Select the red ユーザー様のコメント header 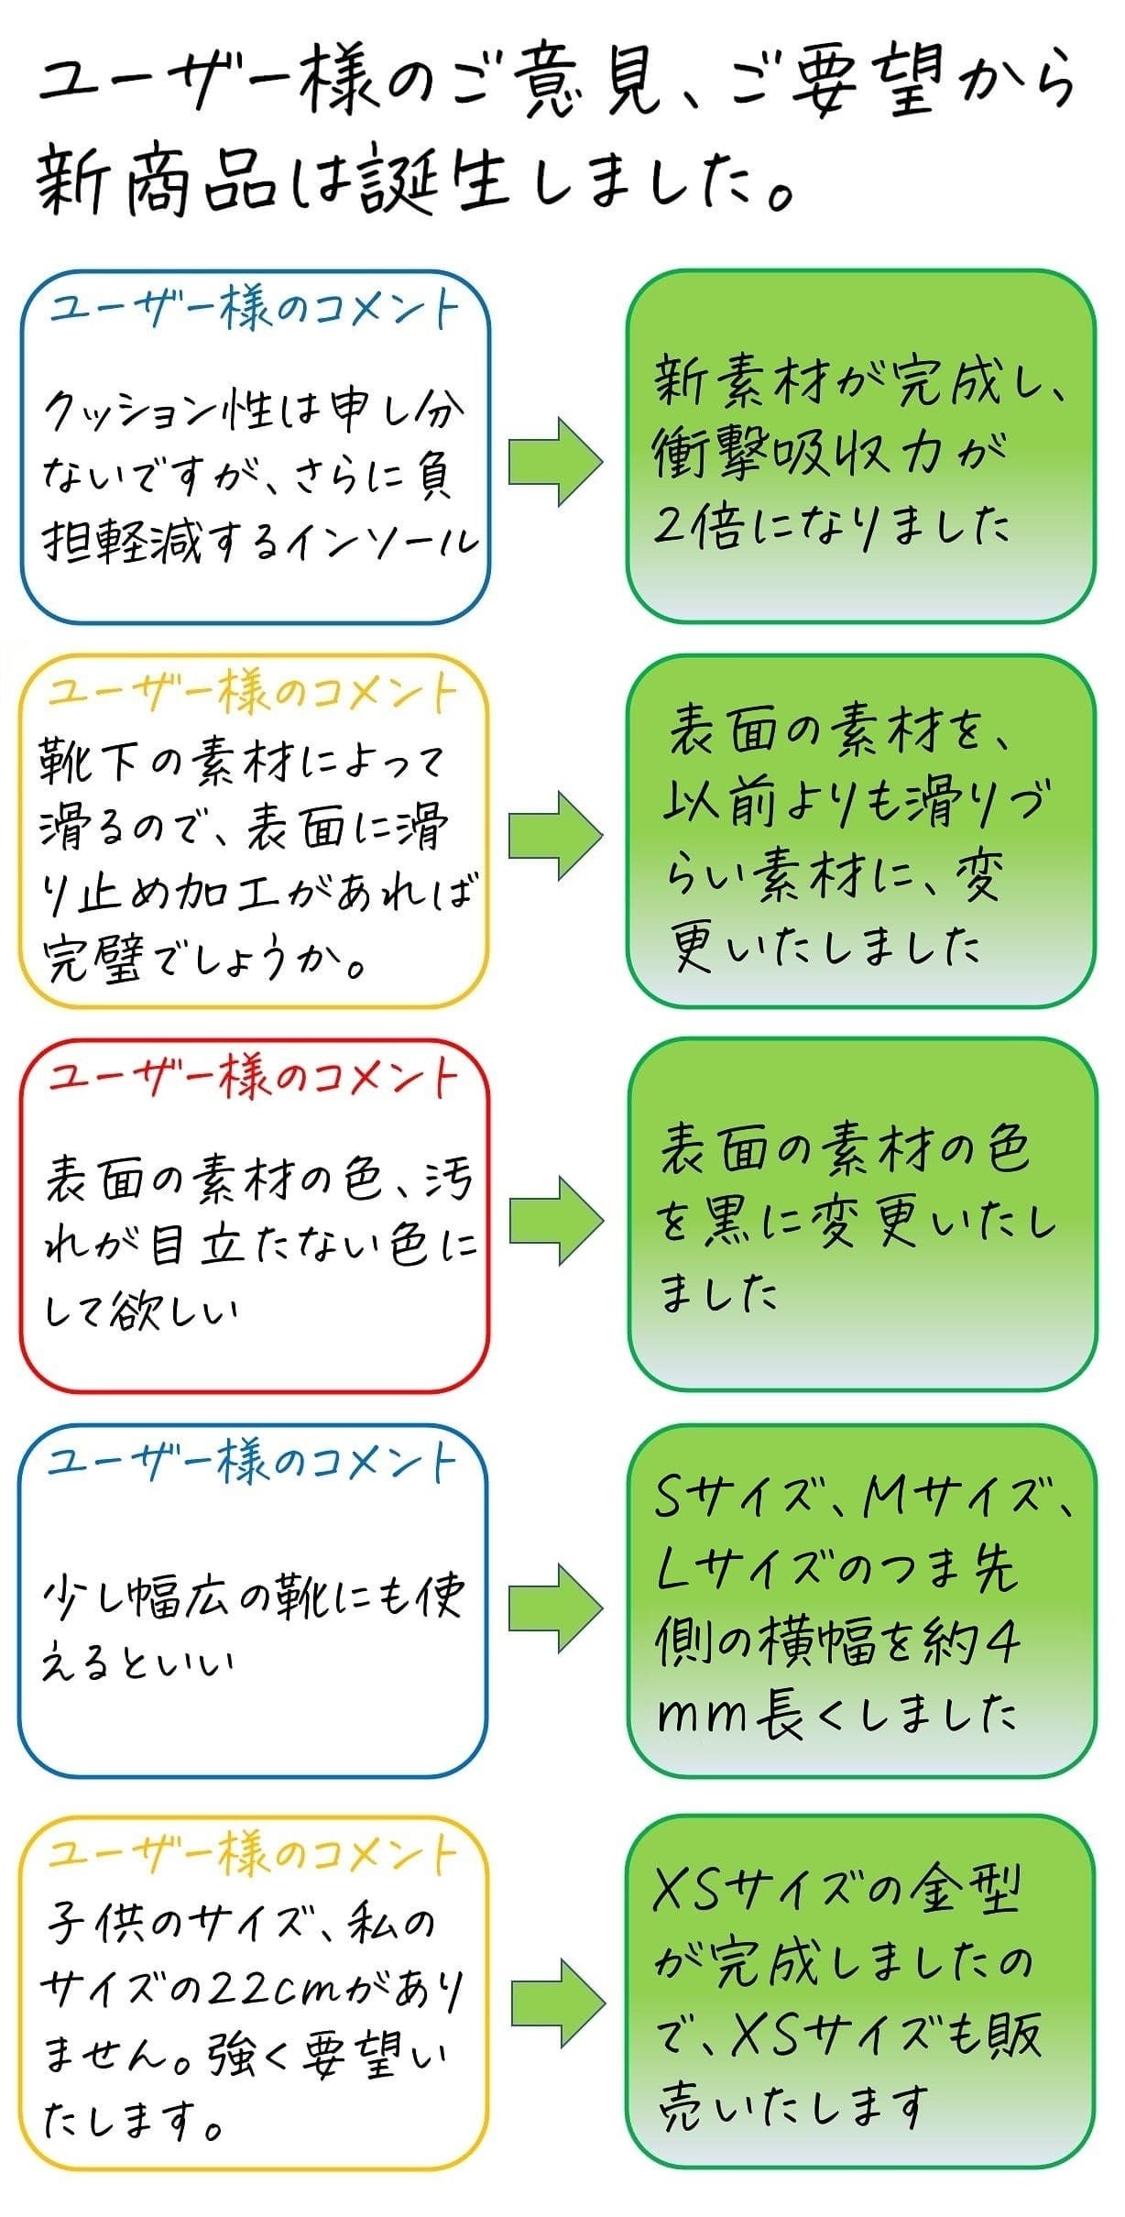[253, 1079]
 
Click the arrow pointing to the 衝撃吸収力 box [556, 462]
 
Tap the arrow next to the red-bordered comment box [556, 1220]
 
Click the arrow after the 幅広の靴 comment [556, 1608]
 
